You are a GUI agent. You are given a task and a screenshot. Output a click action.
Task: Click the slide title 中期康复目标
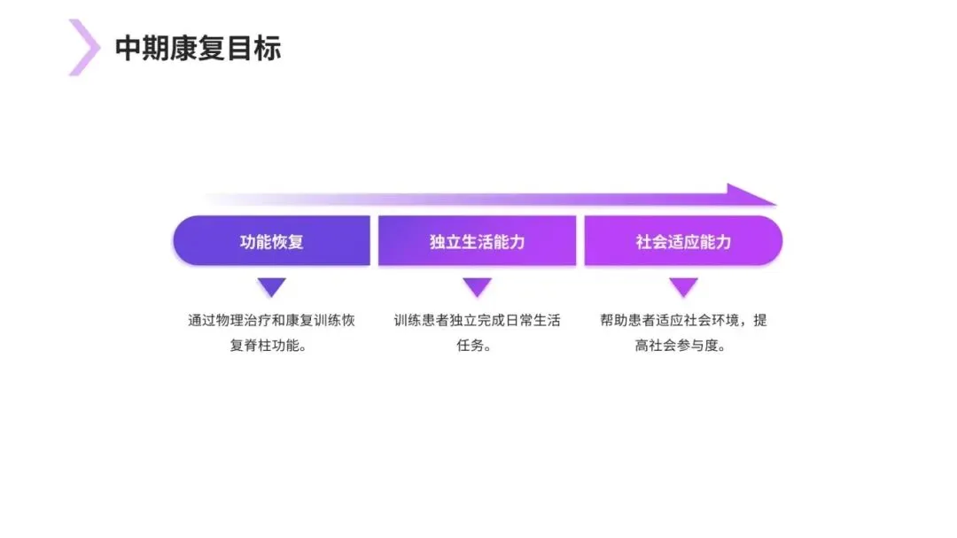pyautogui.click(x=198, y=48)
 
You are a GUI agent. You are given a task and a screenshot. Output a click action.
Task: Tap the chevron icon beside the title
pyautogui.click(x=84, y=47)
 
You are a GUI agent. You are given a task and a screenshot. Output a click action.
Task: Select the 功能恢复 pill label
pyautogui.click(x=271, y=241)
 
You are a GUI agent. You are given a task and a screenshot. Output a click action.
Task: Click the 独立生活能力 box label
pyautogui.click(x=477, y=241)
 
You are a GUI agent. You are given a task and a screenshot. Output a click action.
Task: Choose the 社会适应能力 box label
pyautogui.click(x=683, y=241)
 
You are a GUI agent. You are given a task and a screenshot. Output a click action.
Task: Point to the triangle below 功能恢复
pyautogui.click(x=271, y=286)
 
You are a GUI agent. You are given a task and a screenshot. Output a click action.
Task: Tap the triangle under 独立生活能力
pyautogui.click(x=477, y=286)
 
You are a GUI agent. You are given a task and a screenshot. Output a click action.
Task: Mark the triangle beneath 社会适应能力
pyautogui.click(x=683, y=286)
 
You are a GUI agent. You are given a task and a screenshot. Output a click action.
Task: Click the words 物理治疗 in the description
pyautogui.click(x=249, y=321)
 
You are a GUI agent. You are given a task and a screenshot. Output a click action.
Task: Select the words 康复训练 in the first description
pyautogui.click(x=310, y=321)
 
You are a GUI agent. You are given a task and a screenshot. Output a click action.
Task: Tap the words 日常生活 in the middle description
pyautogui.click(x=532, y=321)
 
